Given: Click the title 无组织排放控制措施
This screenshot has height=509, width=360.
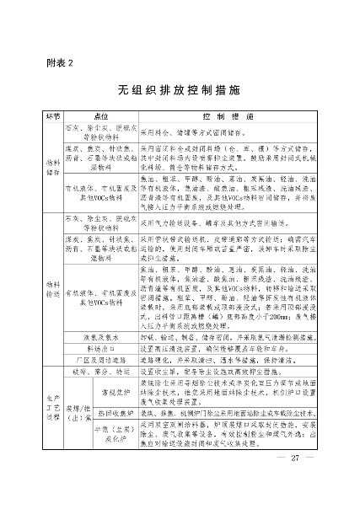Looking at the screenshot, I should (x=180, y=88).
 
